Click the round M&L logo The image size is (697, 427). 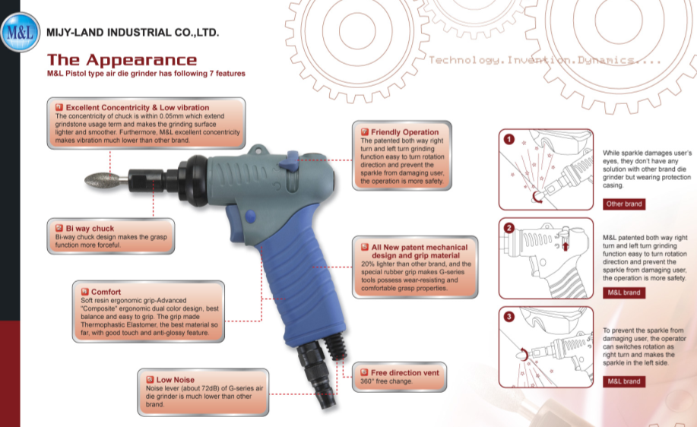[20, 32]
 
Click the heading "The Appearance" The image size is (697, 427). [122, 60]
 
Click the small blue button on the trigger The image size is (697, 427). [250, 217]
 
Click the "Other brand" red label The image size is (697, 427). [624, 204]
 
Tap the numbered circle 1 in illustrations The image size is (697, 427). [509, 140]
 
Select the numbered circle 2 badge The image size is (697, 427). [509, 228]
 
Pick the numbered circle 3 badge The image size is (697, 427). [509, 316]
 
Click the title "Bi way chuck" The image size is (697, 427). [90, 229]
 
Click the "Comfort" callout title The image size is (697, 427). [106, 292]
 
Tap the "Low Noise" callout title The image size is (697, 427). [175, 380]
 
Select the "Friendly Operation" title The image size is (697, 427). [404, 132]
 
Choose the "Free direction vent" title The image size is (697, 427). [405, 373]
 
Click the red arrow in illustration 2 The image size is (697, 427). [566, 245]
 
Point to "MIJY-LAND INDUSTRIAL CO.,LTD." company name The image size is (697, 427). [132, 33]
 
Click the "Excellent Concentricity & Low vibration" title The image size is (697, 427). [138, 108]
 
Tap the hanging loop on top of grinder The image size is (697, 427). [258, 150]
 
